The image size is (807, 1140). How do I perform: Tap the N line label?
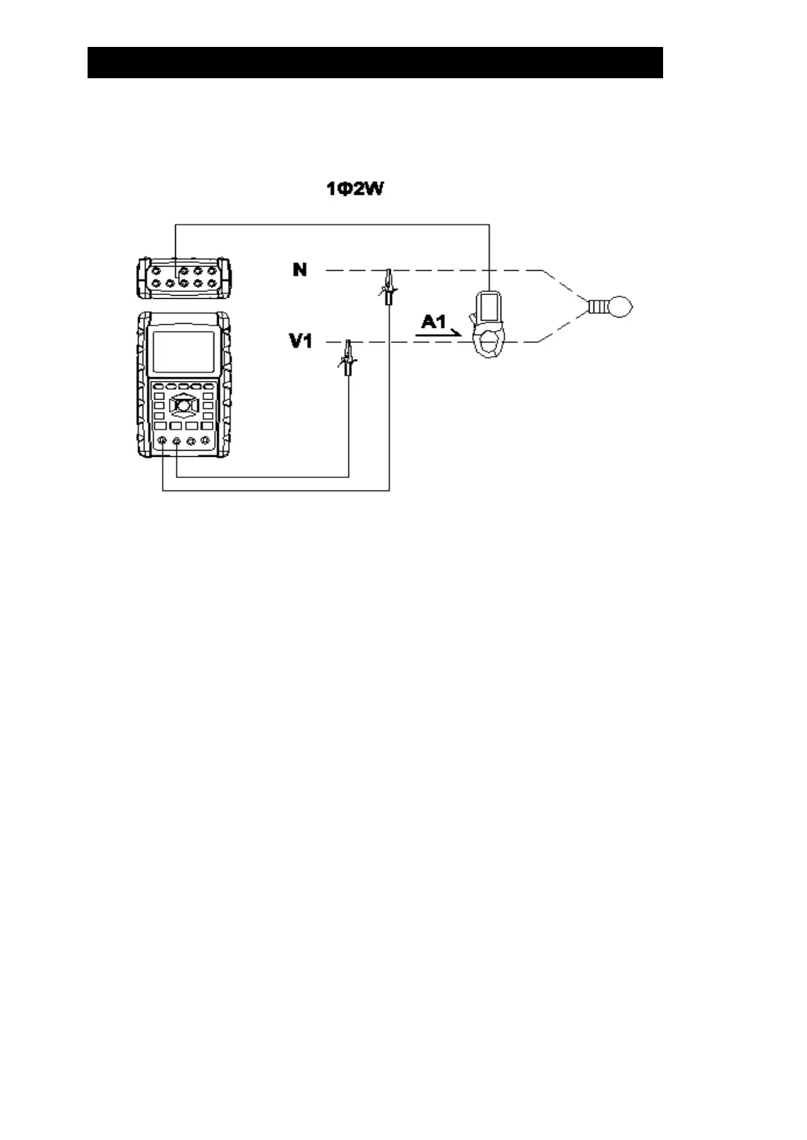299,270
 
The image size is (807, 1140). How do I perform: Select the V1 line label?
302,342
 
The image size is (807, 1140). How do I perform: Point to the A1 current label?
432,320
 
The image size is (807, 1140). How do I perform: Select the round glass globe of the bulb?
622,306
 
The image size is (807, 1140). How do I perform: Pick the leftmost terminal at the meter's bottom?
163,443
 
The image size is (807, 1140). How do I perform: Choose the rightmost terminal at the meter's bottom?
205,443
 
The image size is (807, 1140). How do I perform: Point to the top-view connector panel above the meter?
181,277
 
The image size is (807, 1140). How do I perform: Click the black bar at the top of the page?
375,63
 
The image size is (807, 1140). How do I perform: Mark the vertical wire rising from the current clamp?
489,258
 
